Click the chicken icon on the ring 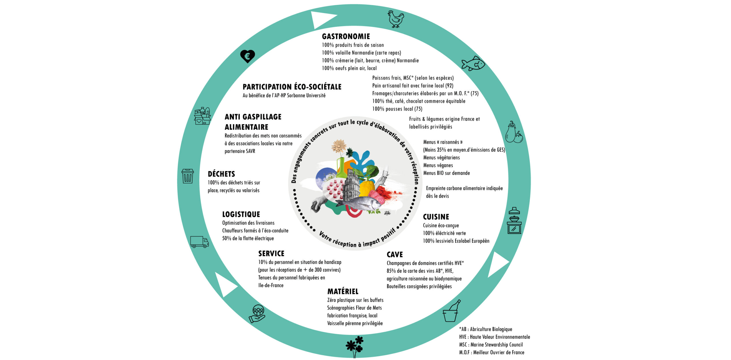(396, 19)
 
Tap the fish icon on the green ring (473, 63)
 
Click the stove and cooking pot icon (514, 221)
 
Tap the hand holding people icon (257, 314)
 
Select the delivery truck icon (199, 242)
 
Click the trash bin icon (188, 176)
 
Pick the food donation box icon (202, 116)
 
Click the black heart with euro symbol (247, 56)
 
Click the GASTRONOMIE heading (346, 37)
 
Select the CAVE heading (395, 255)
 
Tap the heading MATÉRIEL (343, 291)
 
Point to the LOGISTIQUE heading (241, 214)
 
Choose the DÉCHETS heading (221, 174)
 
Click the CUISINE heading (436, 217)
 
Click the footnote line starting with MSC (491, 345)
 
